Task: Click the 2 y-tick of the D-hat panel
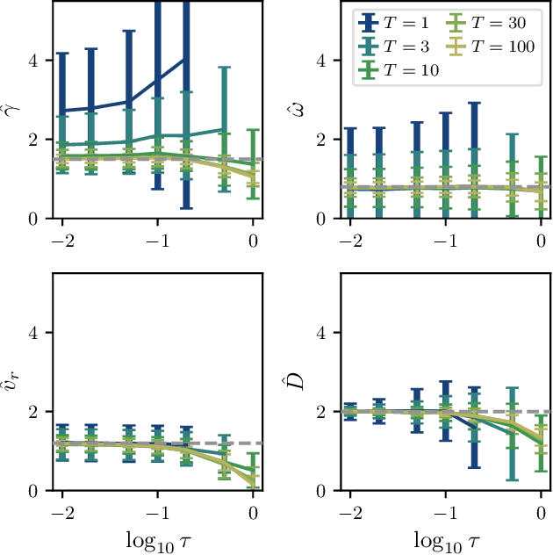[x=319, y=412]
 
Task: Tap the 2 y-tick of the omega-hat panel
[x=319, y=140]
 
